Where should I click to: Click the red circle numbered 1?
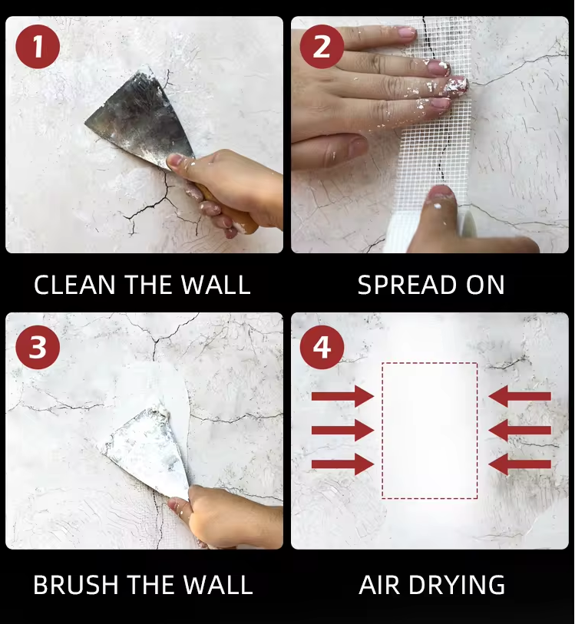click(x=38, y=46)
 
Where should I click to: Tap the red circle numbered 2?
click(x=322, y=46)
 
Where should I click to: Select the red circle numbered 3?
click(x=38, y=347)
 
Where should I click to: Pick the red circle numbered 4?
click(x=322, y=347)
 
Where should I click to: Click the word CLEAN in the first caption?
click(x=74, y=285)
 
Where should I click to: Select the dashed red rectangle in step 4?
click(x=382, y=431)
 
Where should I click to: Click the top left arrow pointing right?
click(x=342, y=396)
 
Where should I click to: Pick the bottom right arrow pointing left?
click(x=520, y=464)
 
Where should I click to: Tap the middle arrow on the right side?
click(x=520, y=430)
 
